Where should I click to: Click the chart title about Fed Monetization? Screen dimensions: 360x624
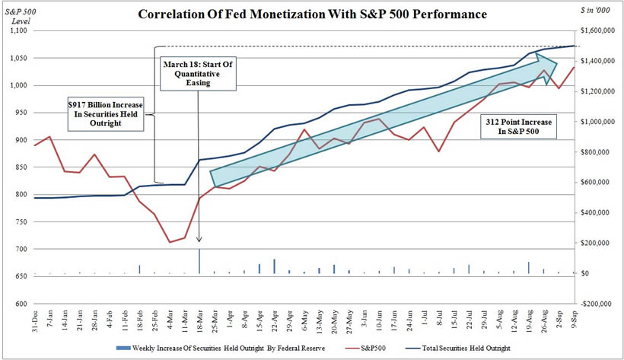312,14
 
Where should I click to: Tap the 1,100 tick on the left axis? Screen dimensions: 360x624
17,30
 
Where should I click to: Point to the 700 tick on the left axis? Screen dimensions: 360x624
20,249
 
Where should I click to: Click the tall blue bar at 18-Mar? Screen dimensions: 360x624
199,261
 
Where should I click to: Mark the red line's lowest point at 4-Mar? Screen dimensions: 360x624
170,242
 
